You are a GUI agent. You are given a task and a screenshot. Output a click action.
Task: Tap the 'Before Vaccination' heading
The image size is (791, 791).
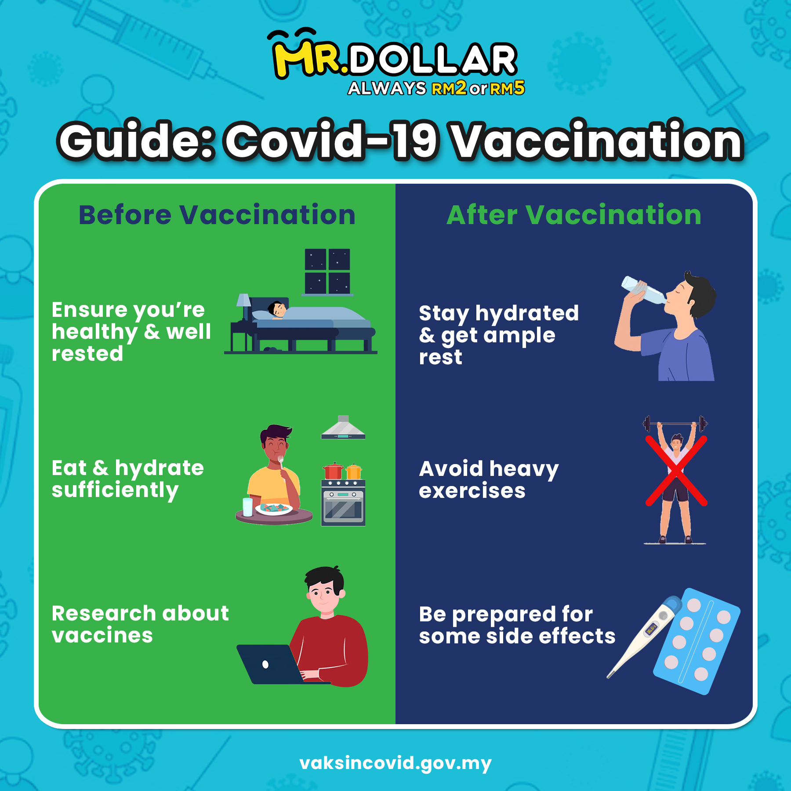point(217,215)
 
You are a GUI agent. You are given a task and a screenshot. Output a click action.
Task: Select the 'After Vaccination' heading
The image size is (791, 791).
point(574,215)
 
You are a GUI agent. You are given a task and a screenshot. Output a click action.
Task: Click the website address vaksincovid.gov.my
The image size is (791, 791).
point(395,763)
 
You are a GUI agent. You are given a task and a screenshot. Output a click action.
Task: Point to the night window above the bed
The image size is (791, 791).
point(327,272)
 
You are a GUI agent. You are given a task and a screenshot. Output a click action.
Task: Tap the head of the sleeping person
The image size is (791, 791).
point(277,308)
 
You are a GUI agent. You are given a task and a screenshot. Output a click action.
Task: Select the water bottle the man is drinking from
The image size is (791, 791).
point(643,290)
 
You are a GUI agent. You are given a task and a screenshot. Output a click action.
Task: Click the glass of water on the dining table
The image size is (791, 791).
point(248,507)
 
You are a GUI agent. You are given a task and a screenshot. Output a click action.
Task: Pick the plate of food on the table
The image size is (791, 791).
point(274,509)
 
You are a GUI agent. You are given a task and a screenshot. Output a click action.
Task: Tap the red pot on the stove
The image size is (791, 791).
point(333,471)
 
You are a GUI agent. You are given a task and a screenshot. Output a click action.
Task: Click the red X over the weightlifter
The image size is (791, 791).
point(676,471)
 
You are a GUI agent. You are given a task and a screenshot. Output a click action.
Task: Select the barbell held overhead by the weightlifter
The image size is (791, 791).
point(675,424)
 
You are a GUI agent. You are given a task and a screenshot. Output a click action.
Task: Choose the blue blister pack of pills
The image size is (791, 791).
point(697,641)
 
